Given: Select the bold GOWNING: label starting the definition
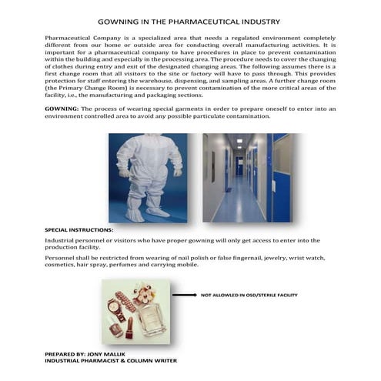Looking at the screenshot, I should click(63, 109).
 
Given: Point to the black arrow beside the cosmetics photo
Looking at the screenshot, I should click(184, 294).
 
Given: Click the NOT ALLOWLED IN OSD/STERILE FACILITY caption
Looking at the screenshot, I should click(249, 294).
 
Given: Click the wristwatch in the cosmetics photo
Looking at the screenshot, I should click(115, 307).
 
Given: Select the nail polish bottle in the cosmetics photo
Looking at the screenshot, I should click(115, 329).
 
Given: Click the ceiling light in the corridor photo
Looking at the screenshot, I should click(239, 142).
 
